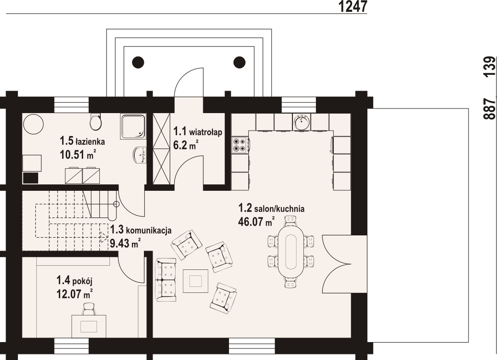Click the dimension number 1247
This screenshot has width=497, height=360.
353,6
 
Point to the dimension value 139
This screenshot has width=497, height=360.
489,66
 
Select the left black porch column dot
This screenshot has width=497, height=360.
138,62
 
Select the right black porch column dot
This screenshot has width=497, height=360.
240,62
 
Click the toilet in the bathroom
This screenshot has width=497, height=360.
96,122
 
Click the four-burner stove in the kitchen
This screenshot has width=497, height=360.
240,145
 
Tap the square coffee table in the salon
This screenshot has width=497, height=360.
195,281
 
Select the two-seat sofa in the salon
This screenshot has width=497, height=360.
166,280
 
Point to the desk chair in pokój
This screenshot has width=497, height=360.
89,309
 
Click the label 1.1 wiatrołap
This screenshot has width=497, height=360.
198,131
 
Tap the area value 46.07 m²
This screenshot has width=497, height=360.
256,222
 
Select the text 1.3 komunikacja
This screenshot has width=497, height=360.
141,230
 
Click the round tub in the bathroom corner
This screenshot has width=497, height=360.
34,124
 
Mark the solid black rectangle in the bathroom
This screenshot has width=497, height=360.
31,178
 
